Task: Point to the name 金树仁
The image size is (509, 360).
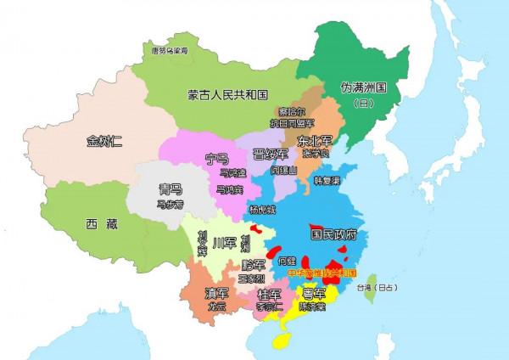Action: (104, 141)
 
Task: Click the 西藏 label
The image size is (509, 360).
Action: (102, 224)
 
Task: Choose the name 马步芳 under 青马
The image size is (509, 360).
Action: (170, 204)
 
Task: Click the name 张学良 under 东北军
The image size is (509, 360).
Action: (313, 155)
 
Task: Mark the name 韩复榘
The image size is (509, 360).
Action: (327, 181)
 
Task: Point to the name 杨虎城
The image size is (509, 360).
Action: (263, 209)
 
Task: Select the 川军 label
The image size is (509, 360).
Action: (222, 243)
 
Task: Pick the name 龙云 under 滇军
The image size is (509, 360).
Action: (215, 307)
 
